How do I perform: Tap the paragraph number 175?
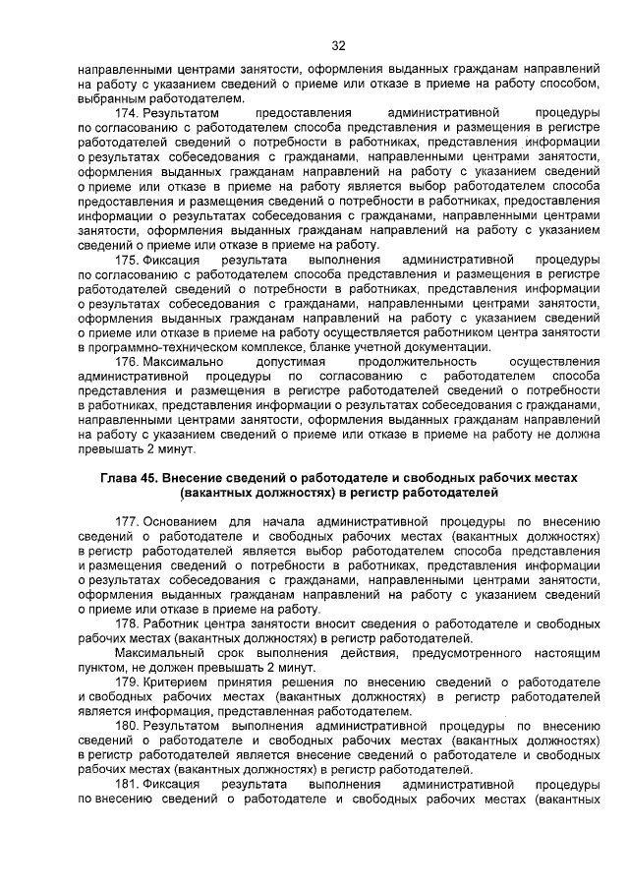click(x=128, y=260)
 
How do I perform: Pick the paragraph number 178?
click(x=128, y=624)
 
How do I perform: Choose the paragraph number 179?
click(x=128, y=682)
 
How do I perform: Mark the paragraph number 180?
click(x=128, y=727)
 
